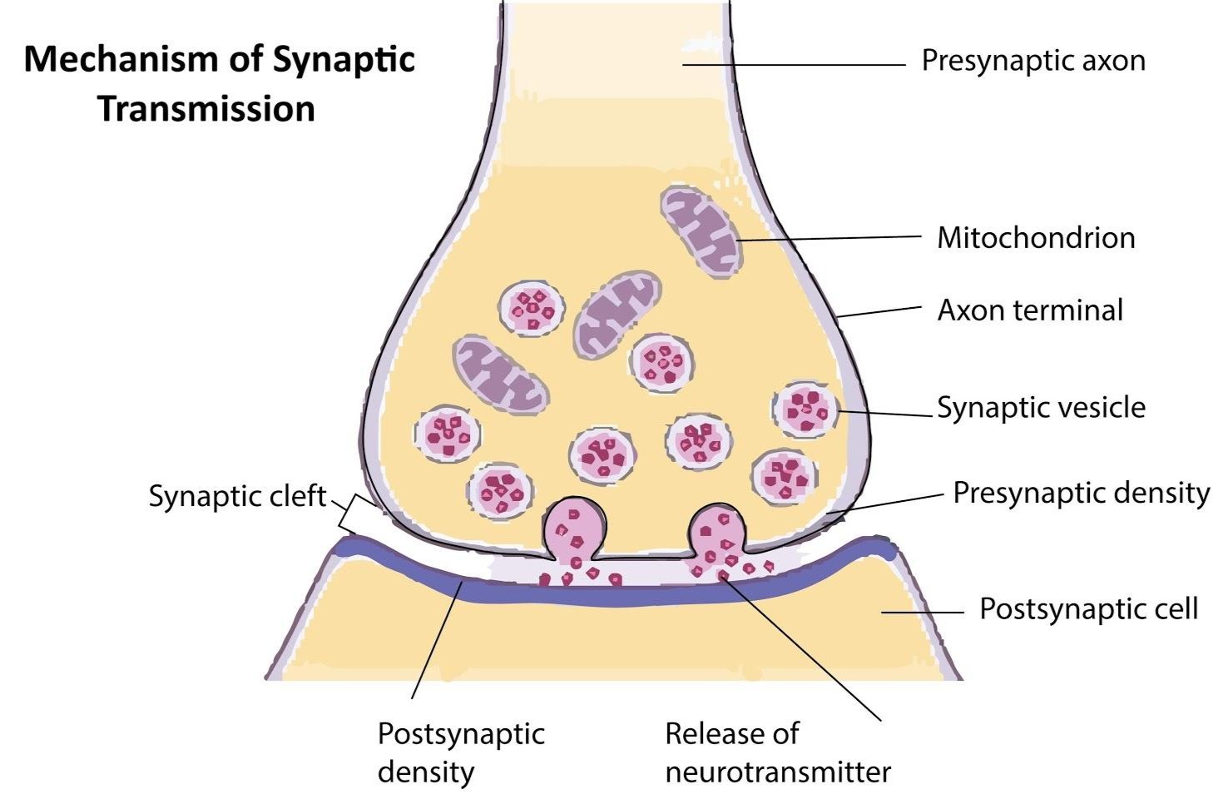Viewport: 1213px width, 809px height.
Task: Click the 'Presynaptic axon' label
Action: pyautogui.click(x=1032, y=61)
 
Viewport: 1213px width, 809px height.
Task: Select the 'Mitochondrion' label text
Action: pyautogui.click(x=1036, y=238)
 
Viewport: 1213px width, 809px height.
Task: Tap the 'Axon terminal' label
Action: pyautogui.click(x=1030, y=310)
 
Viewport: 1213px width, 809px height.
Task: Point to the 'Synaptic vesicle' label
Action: pyautogui.click(x=1041, y=408)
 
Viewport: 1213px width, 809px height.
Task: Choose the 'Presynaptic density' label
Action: pyautogui.click(x=1081, y=493)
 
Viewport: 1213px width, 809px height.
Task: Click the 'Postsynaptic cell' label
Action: pyautogui.click(x=1088, y=609)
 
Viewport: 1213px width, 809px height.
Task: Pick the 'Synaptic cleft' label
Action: pyautogui.click(x=237, y=496)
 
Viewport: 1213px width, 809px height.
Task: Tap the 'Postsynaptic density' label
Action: pyautogui.click(x=461, y=752)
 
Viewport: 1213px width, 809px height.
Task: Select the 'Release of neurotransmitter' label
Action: pyautogui.click(x=777, y=752)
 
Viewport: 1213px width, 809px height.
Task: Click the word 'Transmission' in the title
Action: pyautogui.click(x=206, y=109)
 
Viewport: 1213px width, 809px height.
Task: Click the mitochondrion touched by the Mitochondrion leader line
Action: pyautogui.click(x=701, y=229)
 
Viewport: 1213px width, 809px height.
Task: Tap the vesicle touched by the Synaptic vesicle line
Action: pyautogui.click(x=805, y=409)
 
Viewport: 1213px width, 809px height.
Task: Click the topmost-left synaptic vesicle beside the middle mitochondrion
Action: pyautogui.click(x=532, y=309)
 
